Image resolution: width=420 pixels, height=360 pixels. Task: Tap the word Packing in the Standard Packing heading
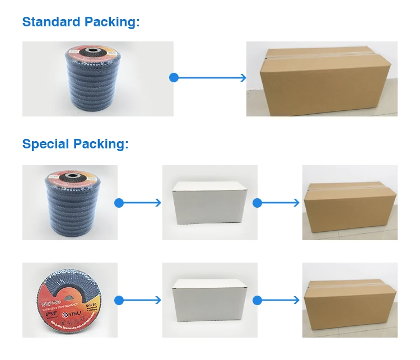pyautogui.click(x=111, y=22)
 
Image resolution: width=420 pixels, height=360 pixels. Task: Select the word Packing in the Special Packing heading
pyautogui.click(x=102, y=144)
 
